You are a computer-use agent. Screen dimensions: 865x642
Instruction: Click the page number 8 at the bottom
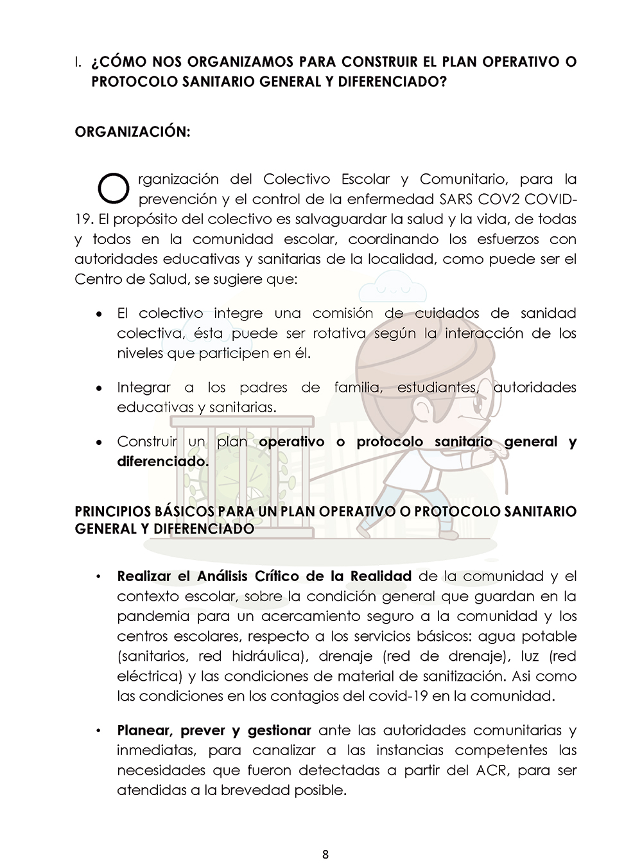[x=325, y=854]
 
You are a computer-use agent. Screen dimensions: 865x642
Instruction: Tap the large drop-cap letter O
[x=114, y=187]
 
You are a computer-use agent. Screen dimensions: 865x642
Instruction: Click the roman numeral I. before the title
[x=78, y=62]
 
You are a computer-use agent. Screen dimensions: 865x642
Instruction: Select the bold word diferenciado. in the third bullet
[x=163, y=462]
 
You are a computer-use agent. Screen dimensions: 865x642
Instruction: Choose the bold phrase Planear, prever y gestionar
[x=214, y=730]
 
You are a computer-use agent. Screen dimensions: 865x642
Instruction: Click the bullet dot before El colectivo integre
[x=98, y=315]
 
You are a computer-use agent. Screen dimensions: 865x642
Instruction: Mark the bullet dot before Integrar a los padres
[x=98, y=389]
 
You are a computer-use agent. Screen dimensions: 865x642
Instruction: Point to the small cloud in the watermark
[x=391, y=286]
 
